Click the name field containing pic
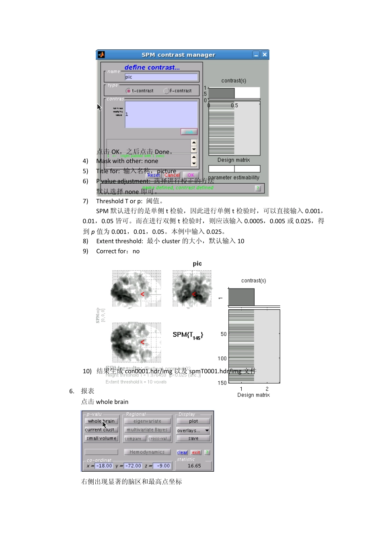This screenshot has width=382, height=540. click(161, 77)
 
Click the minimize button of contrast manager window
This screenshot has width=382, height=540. click(256, 55)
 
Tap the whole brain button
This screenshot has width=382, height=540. click(101, 421)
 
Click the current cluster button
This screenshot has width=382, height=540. click(101, 430)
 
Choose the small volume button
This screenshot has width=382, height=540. click(101, 438)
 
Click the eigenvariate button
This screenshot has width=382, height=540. click(147, 421)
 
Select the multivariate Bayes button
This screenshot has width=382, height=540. click(147, 430)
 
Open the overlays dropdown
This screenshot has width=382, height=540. click(193, 430)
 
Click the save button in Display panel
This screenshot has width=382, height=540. click(193, 438)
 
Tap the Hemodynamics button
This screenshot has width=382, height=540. click(147, 452)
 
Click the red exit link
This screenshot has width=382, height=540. click(196, 452)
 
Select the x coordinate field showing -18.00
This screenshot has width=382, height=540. click(104, 466)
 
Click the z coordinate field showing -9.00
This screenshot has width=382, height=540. click(163, 466)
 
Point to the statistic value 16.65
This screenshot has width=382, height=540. click(194, 466)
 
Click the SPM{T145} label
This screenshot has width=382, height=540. click(188, 335)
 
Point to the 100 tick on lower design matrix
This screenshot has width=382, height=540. click(222, 358)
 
